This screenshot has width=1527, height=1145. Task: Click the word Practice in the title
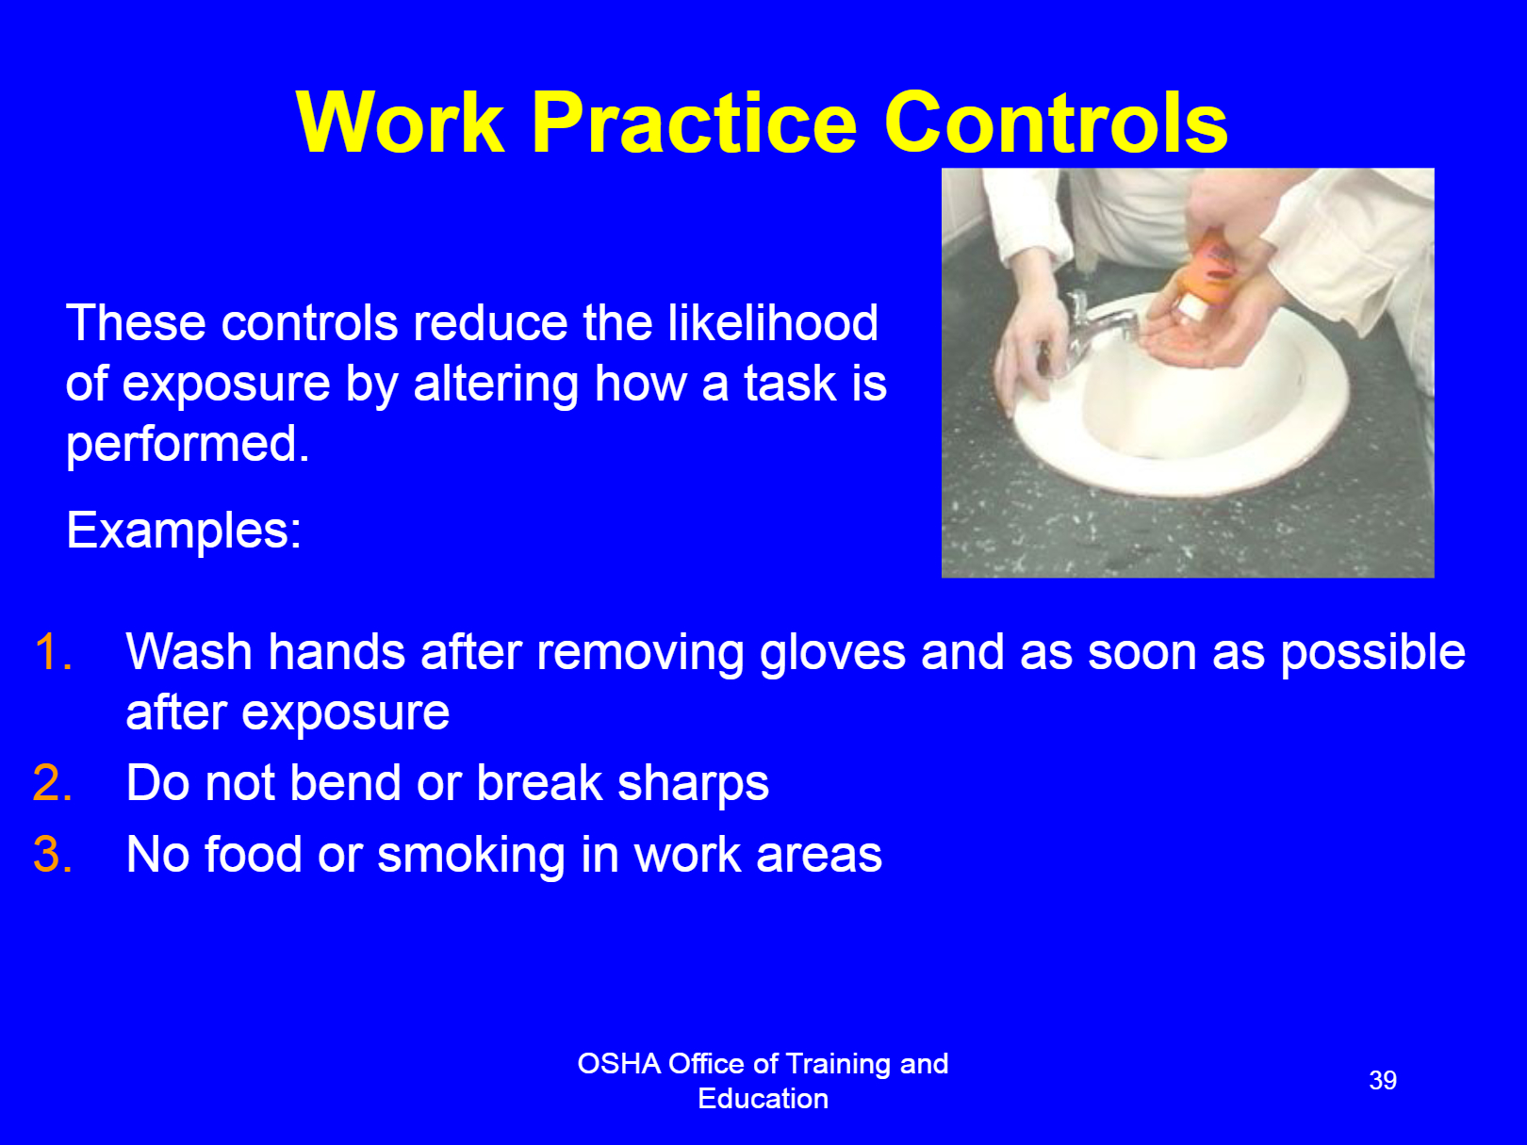point(695,123)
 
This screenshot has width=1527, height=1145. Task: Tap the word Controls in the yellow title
point(1056,123)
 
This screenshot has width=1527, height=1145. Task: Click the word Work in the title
point(400,123)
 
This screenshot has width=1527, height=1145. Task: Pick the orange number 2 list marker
point(53,783)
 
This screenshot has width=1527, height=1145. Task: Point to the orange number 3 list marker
point(53,855)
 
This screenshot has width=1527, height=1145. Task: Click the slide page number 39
point(1382,1080)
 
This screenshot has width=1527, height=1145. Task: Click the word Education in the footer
point(763,1099)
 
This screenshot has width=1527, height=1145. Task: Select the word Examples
point(184,530)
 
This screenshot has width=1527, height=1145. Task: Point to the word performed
point(188,445)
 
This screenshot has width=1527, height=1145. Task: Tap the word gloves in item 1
point(832,653)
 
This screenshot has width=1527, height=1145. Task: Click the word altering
point(495,384)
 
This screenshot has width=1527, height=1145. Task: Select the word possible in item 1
point(1372,653)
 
